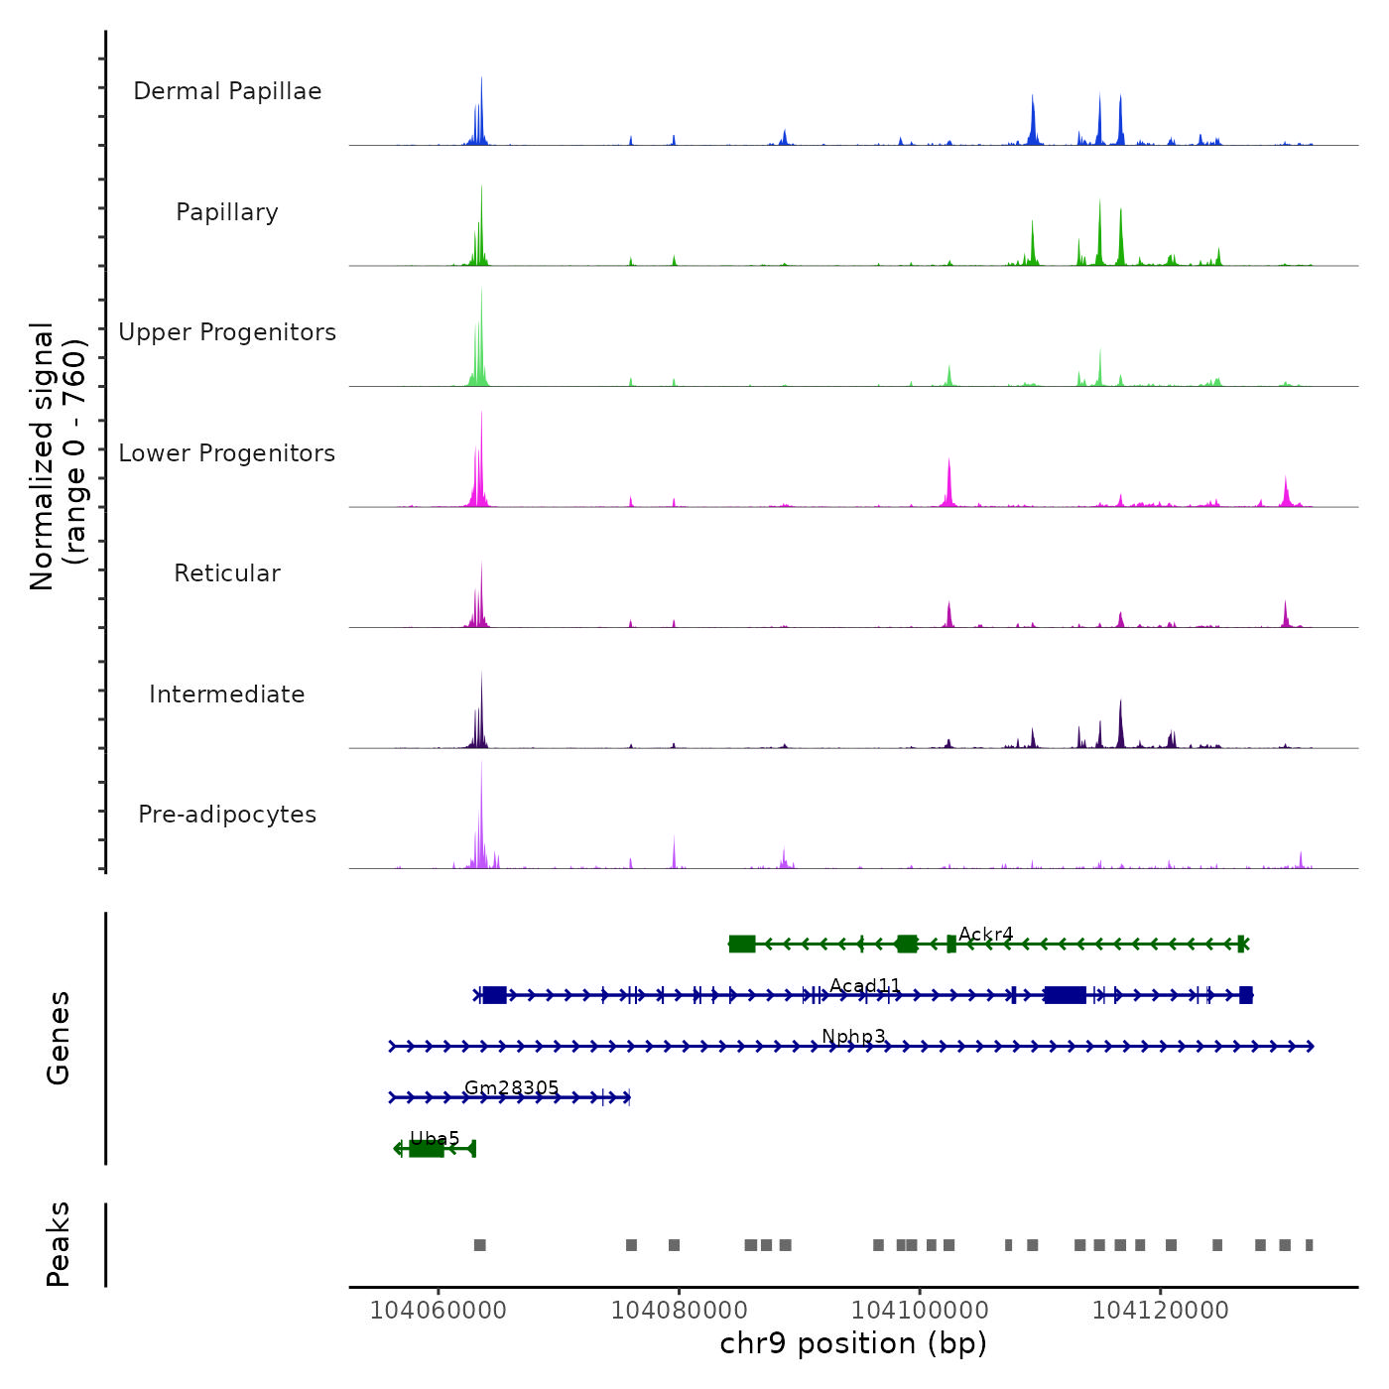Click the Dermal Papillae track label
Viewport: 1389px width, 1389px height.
[227, 91]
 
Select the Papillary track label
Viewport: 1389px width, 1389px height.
[227, 212]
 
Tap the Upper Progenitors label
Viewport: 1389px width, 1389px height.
[227, 332]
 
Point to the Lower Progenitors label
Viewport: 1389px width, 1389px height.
[227, 453]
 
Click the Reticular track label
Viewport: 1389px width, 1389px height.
[227, 573]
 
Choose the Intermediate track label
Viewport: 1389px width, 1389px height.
[227, 694]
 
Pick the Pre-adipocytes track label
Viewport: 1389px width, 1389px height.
[227, 815]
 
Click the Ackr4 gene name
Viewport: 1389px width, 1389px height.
[985, 935]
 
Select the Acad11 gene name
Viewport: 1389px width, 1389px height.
[865, 986]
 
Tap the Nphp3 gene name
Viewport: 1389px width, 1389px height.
[853, 1037]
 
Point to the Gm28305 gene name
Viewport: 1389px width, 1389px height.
[511, 1088]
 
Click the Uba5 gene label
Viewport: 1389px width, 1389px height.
[435, 1139]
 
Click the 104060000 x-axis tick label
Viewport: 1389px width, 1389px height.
[438, 1311]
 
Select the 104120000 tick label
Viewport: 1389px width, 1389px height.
[1160, 1311]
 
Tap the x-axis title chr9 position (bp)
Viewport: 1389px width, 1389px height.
[853, 1343]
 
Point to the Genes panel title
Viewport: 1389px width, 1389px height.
[58, 1038]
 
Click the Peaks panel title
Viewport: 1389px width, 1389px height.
[58, 1244]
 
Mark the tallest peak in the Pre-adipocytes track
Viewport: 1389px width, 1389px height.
[481, 764]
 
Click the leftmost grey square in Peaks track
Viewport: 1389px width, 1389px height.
[480, 1245]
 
